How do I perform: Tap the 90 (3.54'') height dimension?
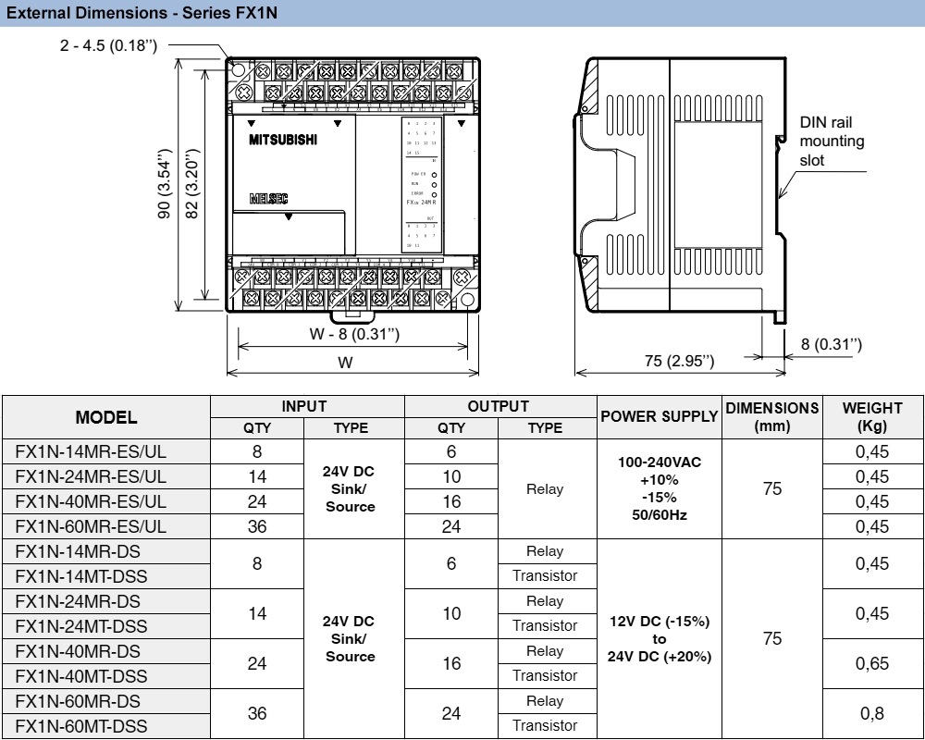pos(165,183)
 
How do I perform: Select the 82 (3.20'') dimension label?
pos(192,183)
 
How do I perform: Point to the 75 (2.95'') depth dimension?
pos(680,360)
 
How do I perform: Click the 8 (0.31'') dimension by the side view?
pos(831,344)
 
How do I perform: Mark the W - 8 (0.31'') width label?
pos(354,333)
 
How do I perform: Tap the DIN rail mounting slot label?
pos(832,142)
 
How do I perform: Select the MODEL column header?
pos(106,417)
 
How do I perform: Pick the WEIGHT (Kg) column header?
pos(871,417)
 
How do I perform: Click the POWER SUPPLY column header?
pos(659,417)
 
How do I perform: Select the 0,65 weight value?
pos(871,663)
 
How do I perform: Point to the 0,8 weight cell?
pos(871,713)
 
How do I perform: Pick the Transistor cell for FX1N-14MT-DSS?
pos(545,576)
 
